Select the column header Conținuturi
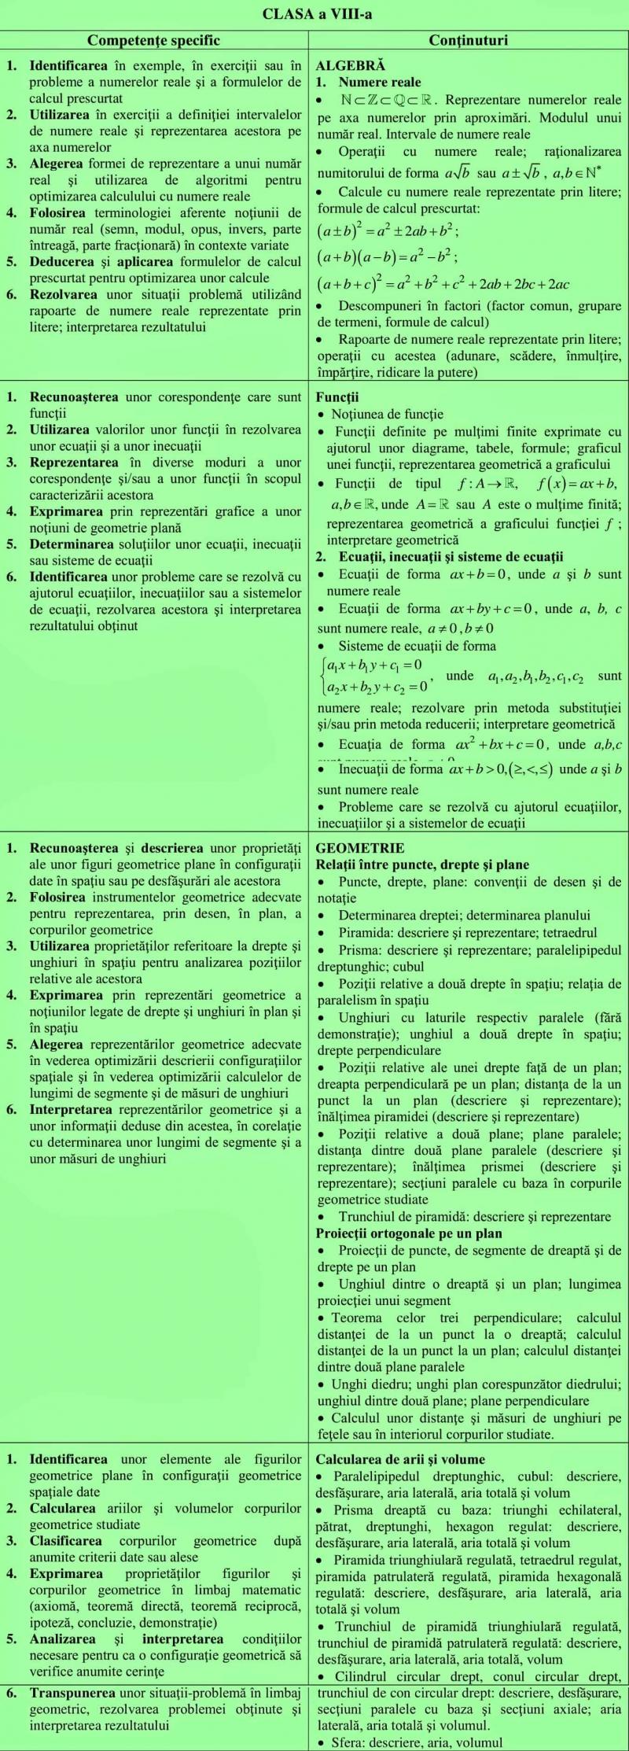click(469, 40)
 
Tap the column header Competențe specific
click(153, 40)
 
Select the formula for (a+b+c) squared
click(443, 284)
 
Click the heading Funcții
click(337, 397)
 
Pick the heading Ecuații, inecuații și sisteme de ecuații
click(451, 557)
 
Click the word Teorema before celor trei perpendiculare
click(356, 1318)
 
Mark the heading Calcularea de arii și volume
click(400, 1459)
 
